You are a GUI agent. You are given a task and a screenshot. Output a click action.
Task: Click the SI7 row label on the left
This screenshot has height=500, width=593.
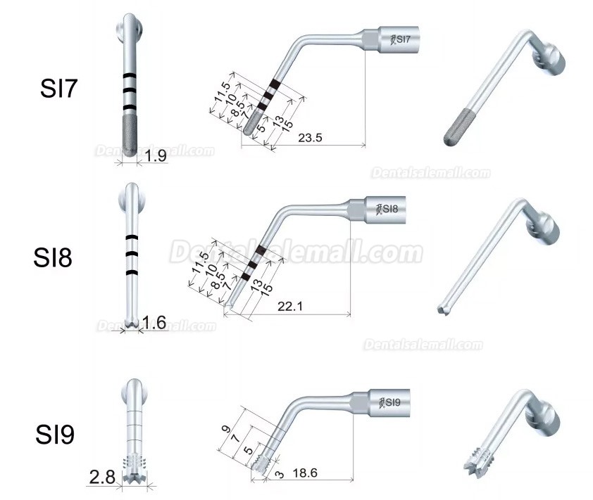(x=61, y=91)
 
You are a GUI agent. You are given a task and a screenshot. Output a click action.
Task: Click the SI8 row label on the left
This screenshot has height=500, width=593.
(x=54, y=257)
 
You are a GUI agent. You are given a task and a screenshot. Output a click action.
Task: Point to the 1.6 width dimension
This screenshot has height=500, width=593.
(x=154, y=323)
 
